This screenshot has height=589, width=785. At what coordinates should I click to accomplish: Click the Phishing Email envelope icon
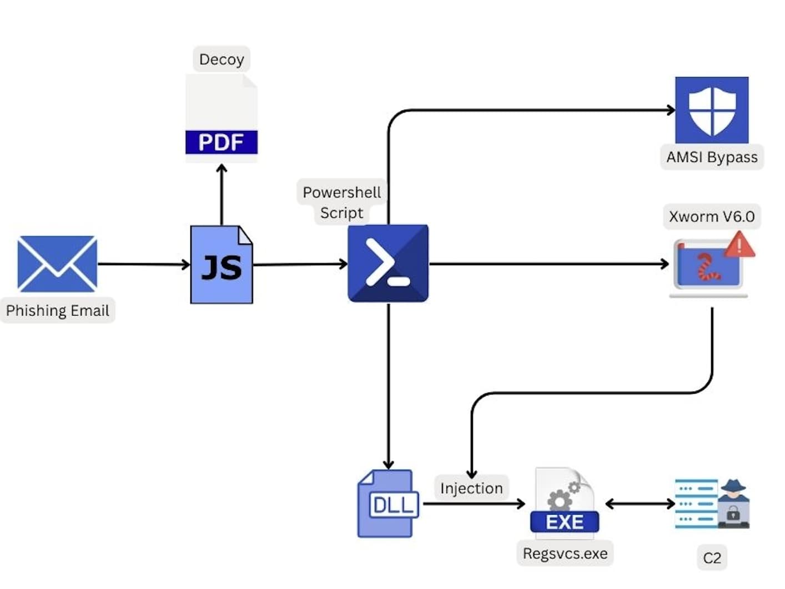(x=57, y=264)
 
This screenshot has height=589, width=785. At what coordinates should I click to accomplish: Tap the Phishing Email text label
(x=58, y=311)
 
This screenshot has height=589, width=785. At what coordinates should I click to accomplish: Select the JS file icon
(x=222, y=265)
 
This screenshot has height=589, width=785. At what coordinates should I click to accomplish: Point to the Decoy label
(x=222, y=59)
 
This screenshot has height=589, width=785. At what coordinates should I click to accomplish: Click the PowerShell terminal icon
(x=388, y=263)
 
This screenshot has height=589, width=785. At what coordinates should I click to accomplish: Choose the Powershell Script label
(x=341, y=202)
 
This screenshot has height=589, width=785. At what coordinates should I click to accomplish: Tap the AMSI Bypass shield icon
(x=712, y=110)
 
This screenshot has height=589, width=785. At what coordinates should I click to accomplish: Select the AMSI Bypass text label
(x=712, y=158)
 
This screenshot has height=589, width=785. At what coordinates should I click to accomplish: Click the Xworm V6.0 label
(x=712, y=216)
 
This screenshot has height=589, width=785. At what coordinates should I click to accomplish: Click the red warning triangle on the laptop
(x=739, y=245)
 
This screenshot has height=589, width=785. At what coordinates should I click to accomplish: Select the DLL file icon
(x=388, y=504)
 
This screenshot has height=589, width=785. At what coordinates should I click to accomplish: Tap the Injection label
(x=471, y=488)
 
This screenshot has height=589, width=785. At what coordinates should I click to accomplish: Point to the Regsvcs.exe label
(x=565, y=554)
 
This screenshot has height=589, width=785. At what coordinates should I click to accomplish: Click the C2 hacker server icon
(x=712, y=504)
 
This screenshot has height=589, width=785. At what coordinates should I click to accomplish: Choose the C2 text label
(x=712, y=558)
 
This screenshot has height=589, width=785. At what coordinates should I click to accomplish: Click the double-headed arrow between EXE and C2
(x=640, y=504)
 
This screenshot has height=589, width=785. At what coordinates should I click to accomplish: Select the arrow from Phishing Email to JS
(x=144, y=264)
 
